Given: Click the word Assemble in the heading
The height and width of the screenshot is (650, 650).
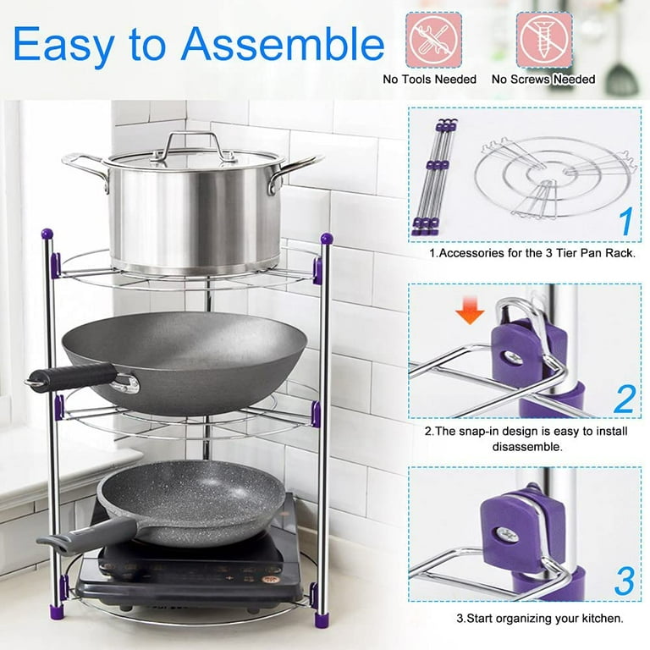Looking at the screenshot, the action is (283, 44).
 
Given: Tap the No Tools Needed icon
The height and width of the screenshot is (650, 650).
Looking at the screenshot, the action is (433, 41).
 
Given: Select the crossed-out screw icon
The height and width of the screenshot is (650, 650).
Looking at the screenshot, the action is (544, 41).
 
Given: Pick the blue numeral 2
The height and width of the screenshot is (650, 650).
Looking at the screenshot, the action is (625, 399).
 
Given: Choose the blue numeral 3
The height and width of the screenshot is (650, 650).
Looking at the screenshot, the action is (625, 581).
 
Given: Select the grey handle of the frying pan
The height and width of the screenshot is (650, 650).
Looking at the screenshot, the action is (88, 535).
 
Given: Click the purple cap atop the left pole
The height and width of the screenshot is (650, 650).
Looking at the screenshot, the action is (47, 234).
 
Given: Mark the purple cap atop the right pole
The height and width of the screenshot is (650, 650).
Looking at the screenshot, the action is (327, 239).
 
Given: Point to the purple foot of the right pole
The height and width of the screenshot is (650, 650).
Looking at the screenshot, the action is (322, 620).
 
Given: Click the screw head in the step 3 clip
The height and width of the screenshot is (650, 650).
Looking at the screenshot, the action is (508, 535).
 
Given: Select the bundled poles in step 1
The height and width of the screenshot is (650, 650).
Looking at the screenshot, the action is (435, 177).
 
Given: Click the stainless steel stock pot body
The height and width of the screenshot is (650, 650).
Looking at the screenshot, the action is (194, 216).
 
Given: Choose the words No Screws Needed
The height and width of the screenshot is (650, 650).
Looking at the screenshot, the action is (543, 80).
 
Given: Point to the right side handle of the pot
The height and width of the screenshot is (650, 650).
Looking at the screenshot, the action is (295, 171).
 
